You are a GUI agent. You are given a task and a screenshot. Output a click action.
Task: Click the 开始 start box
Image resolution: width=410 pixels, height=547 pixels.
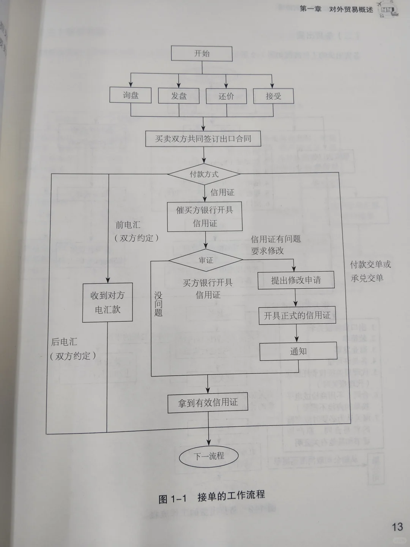pos(202,54)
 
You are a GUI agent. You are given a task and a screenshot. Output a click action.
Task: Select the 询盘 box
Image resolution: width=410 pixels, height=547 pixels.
pos(131,95)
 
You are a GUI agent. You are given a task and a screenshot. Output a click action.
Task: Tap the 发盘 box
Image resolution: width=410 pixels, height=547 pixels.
pos(179,96)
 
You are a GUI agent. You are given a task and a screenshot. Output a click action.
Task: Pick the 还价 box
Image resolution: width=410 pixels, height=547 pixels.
pos(226,96)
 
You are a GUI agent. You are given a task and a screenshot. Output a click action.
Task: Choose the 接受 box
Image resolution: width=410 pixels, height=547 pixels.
pos(273,96)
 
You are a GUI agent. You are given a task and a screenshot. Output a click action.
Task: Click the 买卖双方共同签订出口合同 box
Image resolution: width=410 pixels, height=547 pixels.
pos(203,139)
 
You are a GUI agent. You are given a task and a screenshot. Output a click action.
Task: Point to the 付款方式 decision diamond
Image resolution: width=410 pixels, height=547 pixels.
pos(204,174)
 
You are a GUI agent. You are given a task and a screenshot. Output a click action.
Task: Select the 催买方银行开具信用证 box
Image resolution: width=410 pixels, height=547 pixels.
pos(205,217)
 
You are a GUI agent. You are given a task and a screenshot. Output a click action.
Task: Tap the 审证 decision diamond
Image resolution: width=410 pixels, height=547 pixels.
pos(206,260)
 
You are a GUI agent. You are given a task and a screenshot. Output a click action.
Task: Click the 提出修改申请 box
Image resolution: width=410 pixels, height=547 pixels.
pos(296,280)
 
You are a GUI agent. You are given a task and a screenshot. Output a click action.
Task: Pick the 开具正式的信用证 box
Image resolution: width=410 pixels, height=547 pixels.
pos(297,316)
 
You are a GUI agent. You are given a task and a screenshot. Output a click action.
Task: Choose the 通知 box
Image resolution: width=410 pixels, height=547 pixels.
pos(298,351)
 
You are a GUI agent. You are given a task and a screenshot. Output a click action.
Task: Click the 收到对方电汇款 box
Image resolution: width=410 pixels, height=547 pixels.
pos(108,302)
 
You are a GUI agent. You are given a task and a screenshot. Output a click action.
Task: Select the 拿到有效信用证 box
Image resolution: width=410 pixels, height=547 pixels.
pos(208,403)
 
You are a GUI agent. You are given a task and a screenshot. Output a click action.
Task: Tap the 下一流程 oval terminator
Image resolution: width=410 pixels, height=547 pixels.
pos(209,456)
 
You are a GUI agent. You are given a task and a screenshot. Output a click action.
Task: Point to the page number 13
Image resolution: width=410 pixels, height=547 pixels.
pos(397,526)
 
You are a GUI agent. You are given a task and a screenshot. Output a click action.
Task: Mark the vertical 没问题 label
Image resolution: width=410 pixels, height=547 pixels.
pos(158,304)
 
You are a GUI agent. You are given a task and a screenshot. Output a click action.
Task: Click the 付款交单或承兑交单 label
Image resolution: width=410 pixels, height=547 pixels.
pos(370,271)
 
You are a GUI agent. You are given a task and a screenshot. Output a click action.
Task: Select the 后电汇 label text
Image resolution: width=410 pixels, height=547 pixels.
pos(64,342)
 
